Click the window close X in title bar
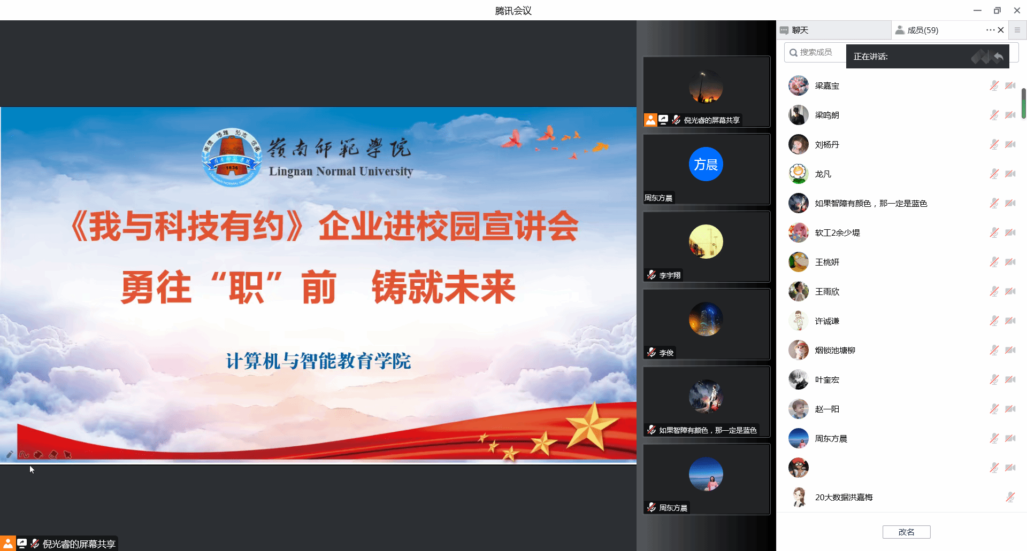(x=1017, y=10)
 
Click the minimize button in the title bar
(x=977, y=10)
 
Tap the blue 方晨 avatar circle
(x=706, y=164)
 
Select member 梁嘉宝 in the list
(x=827, y=86)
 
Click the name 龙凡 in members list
(x=823, y=174)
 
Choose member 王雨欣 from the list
(x=827, y=292)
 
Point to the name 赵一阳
(x=827, y=409)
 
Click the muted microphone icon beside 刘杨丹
(x=994, y=144)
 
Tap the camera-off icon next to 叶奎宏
(x=1010, y=379)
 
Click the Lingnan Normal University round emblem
(x=232, y=157)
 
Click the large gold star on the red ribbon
(x=591, y=428)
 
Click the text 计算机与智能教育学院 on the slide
(x=318, y=361)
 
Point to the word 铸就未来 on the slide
(x=443, y=288)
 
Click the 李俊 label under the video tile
(x=666, y=353)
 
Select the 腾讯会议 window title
(x=513, y=11)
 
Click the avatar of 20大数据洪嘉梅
(x=799, y=497)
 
